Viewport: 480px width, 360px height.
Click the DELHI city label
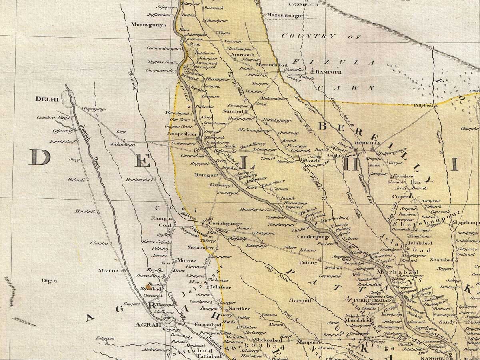tap(47, 99)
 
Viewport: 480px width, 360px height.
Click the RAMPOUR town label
tap(330, 72)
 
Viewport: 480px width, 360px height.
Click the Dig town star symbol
tap(55, 281)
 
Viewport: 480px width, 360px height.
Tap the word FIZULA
tap(333, 62)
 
